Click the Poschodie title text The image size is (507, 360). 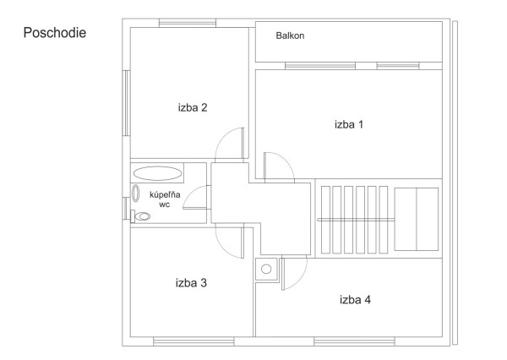click(55, 33)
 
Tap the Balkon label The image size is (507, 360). click(290, 35)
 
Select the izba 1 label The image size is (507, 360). click(349, 124)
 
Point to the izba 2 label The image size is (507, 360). click(193, 107)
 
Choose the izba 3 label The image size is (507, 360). click(191, 283)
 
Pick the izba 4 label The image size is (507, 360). click(356, 300)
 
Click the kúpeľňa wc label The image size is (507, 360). click(165, 199)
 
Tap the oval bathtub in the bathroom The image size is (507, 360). click(157, 173)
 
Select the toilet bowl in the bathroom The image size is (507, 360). click(142, 216)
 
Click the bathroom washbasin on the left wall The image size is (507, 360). click(136, 194)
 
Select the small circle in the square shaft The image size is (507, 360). click(266, 269)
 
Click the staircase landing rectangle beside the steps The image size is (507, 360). click(417, 220)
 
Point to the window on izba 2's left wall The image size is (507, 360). click(126, 103)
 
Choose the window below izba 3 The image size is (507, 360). click(194, 341)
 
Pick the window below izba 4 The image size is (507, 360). click(354, 341)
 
